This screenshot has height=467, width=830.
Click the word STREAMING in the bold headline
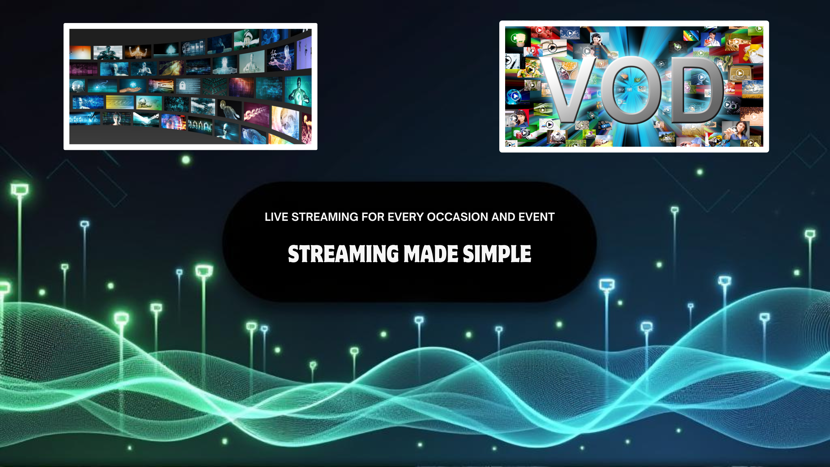click(343, 254)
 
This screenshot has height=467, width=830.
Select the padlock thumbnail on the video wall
click(188, 86)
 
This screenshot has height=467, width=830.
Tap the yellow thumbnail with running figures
click(120, 102)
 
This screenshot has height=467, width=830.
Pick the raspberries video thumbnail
click(545, 32)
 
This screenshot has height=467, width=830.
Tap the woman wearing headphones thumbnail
click(599, 39)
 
